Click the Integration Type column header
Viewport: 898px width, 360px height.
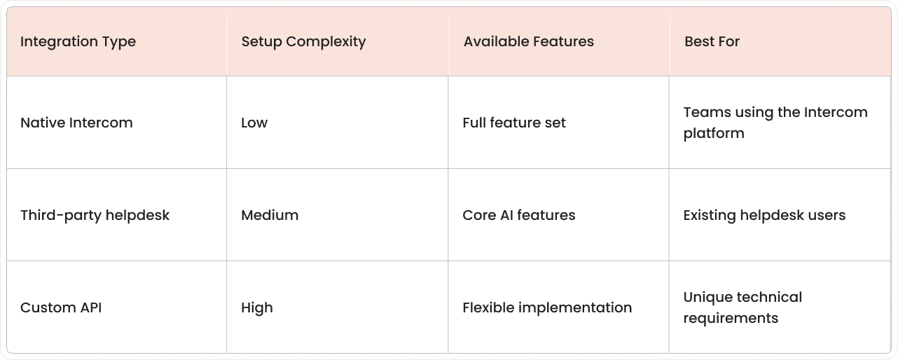78,42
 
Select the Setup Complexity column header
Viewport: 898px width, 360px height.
303,42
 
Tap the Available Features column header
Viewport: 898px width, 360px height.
528,42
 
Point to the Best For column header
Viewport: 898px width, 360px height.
712,42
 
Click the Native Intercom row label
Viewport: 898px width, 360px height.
76,123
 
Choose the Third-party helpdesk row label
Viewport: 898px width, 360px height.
95,215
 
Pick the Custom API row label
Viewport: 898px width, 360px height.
61,307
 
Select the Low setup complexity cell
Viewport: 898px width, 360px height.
254,123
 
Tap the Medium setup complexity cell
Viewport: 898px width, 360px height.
270,215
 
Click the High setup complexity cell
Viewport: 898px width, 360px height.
257,307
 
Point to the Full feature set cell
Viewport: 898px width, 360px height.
514,123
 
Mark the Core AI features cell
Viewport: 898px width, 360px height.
519,215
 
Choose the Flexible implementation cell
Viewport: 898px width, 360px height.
547,307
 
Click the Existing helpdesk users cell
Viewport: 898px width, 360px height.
764,215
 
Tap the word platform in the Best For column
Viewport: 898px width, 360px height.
714,133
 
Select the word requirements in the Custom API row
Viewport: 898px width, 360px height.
731,318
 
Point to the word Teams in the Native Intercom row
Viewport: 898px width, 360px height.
703,112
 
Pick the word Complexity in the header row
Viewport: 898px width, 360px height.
331,42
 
